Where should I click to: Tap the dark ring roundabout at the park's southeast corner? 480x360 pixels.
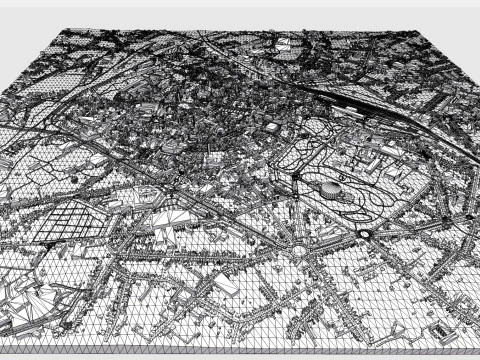click(x=365, y=233)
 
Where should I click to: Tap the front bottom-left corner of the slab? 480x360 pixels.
click(x=1, y=343)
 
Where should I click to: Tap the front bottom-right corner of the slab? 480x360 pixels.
click(x=479, y=348)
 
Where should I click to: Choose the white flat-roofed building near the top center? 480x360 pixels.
click(x=285, y=44)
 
